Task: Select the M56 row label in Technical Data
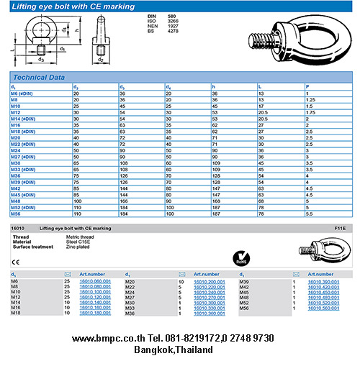17,214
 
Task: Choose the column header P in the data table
307,86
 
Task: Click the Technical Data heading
40,76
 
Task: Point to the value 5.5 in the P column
310,214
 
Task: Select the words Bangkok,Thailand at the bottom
174,349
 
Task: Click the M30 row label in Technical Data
16,163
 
